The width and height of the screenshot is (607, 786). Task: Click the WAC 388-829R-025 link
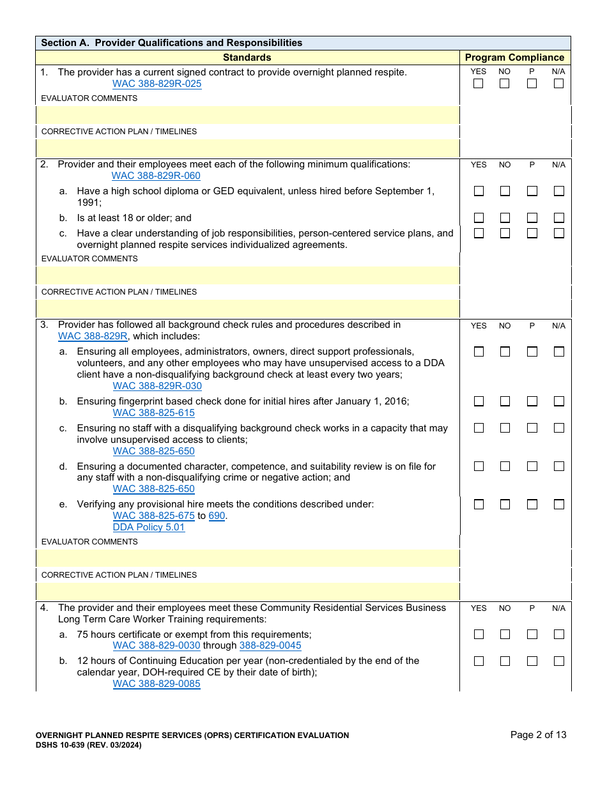[157, 84]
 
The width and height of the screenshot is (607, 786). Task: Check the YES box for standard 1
[479, 84]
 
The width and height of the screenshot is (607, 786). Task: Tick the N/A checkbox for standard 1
[558, 84]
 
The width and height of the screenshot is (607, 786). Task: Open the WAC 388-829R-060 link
[156, 176]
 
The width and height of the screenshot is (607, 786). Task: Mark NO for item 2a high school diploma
[505, 191]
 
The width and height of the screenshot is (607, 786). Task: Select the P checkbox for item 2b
[532, 218]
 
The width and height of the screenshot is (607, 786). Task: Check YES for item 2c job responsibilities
[479, 233]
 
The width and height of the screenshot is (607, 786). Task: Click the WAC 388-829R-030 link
[157, 386]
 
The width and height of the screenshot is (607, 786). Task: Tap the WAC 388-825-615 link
[153, 413]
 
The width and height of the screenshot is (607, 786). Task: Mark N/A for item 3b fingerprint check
[558, 401]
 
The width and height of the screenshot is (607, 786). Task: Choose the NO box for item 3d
[505, 466]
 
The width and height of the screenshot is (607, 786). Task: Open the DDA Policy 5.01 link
[149, 527]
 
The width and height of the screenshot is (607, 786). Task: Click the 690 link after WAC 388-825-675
[217, 516]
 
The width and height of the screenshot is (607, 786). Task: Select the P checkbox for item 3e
[532, 504]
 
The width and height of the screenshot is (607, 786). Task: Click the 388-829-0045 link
[270, 645]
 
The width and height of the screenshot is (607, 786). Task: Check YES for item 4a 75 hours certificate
[479, 635]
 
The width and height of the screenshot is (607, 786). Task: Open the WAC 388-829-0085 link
[157, 684]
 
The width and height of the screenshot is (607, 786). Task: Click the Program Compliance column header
[514, 58]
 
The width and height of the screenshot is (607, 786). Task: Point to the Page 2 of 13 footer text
[538, 735]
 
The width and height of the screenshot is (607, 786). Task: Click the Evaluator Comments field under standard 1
[248, 115]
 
